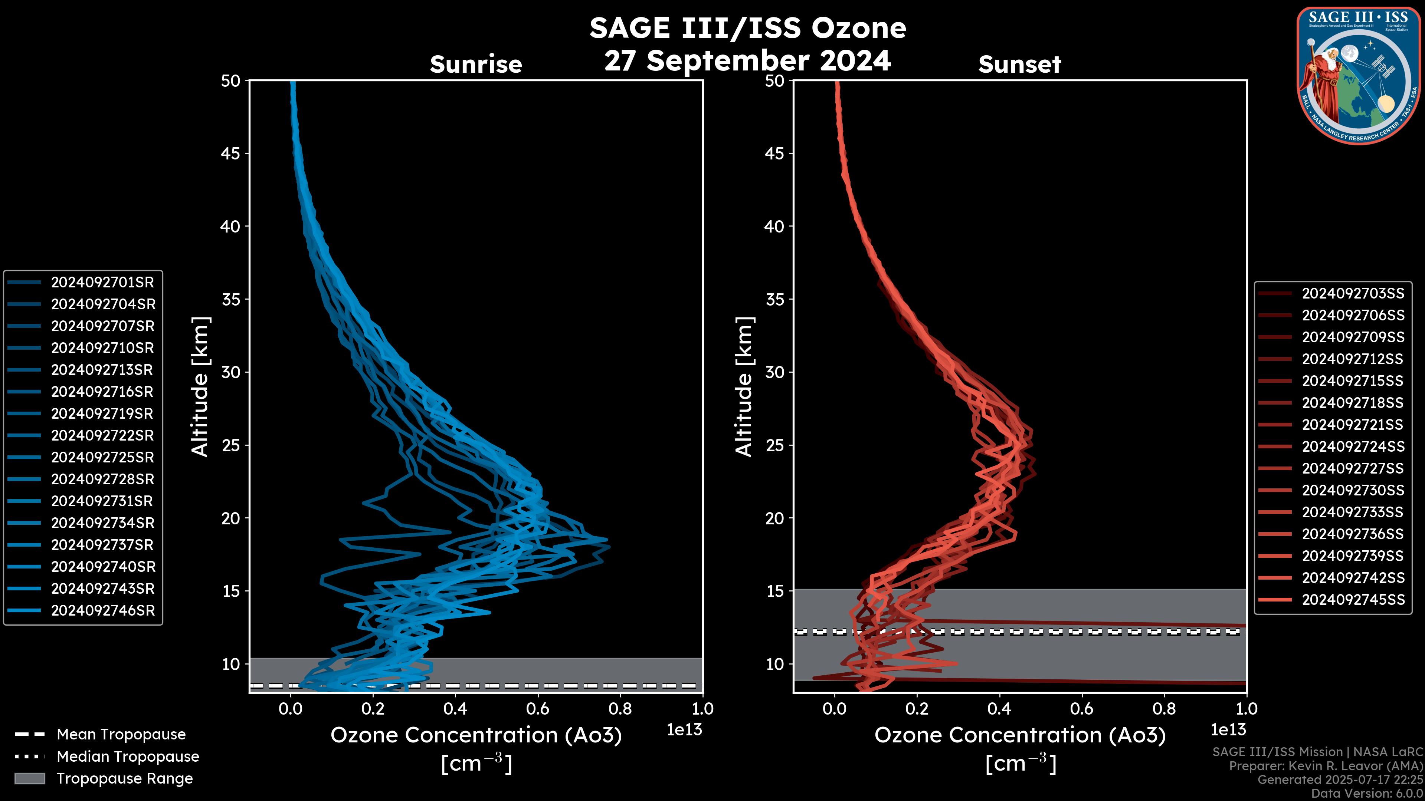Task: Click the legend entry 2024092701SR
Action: [x=102, y=283]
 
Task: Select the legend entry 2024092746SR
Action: [x=103, y=611]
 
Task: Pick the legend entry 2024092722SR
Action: [x=102, y=436]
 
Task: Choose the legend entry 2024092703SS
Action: [x=1353, y=294]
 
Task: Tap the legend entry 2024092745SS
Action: [x=1353, y=600]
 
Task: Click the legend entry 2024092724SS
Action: [x=1353, y=446]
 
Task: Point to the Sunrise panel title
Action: [x=476, y=65]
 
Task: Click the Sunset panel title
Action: [x=1019, y=65]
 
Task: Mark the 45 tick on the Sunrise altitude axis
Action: [x=231, y=154]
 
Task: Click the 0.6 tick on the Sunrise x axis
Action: [x=538, y=709]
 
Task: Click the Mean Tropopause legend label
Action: [x=121, y=735]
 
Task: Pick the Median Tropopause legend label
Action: [x=128, y=757]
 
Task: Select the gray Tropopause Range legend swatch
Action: [x=29, y=779]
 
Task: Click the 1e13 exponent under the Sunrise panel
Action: [x=684, y=730]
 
